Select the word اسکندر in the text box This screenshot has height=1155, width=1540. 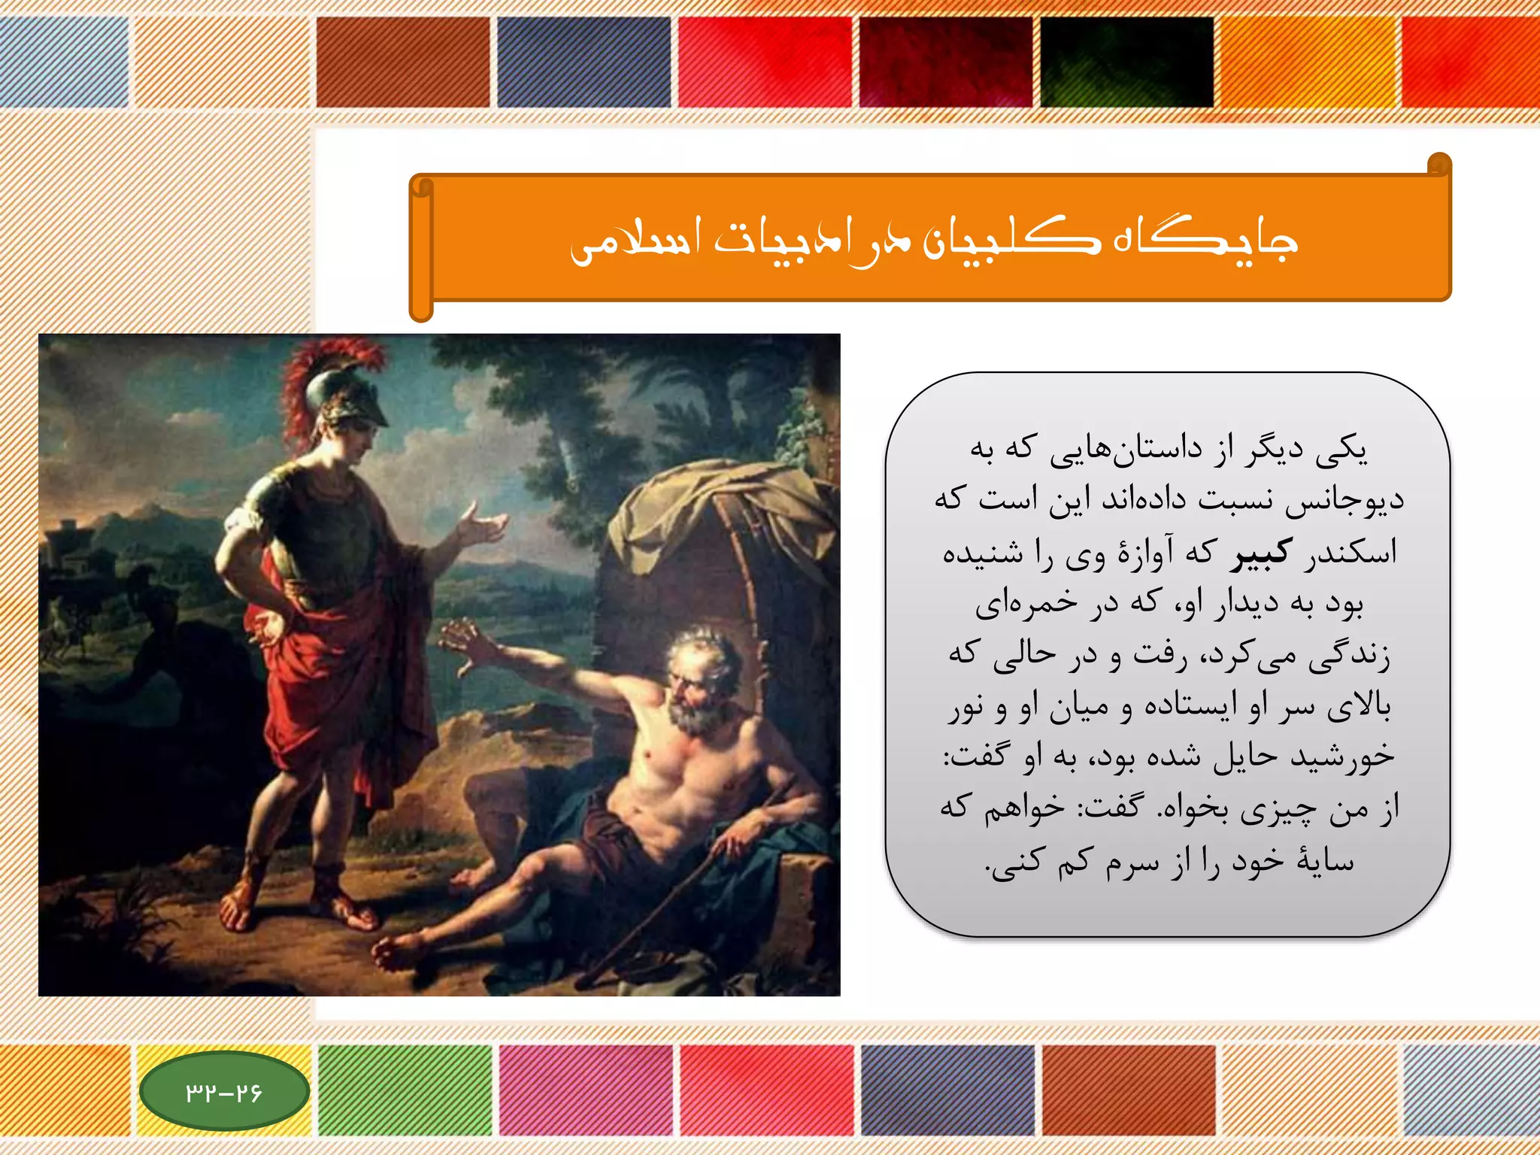point(1351,553)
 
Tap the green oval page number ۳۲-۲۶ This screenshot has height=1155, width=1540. point(224,1091)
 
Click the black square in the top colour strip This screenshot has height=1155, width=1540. point(1126,62)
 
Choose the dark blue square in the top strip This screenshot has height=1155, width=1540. point(584,62)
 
